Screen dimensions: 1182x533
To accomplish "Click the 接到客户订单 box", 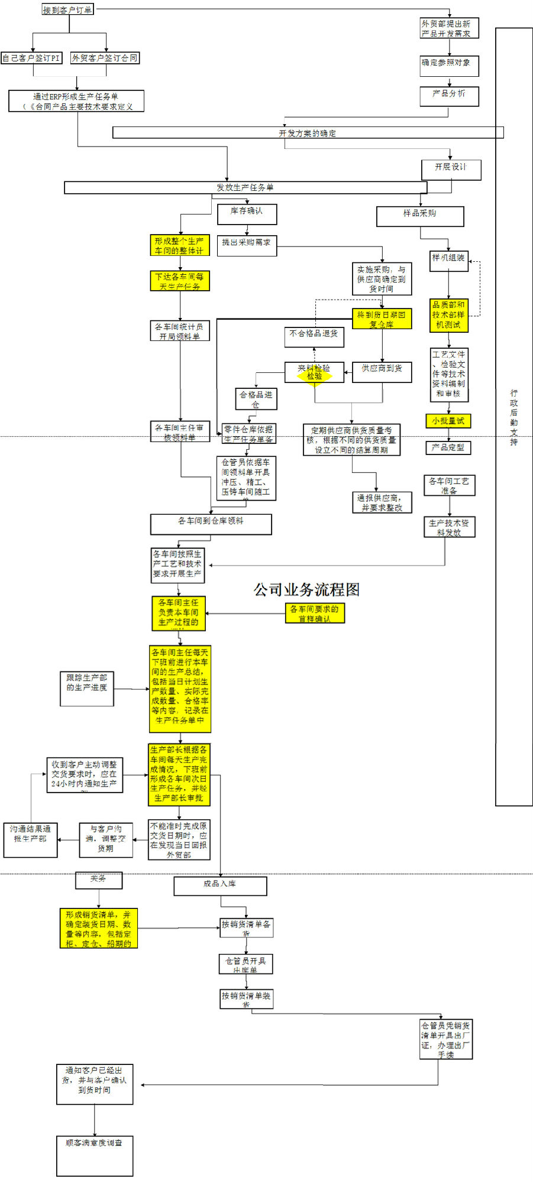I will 67,9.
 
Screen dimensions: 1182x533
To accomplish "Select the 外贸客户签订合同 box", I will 105,58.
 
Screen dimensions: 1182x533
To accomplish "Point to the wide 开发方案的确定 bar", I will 308,133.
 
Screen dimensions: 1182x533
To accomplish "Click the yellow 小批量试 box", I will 448,421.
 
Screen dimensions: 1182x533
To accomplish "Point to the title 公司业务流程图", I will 306,590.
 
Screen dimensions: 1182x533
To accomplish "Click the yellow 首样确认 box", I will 315,613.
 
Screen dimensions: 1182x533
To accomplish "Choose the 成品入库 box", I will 220,886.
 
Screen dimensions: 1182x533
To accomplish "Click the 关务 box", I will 99,880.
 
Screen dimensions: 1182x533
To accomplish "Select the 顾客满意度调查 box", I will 95,1155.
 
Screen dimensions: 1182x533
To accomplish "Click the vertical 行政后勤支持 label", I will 513,417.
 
